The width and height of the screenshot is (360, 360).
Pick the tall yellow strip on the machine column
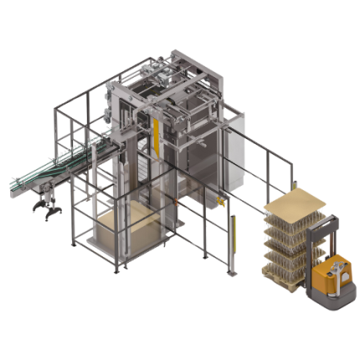[x=155, y=138]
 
